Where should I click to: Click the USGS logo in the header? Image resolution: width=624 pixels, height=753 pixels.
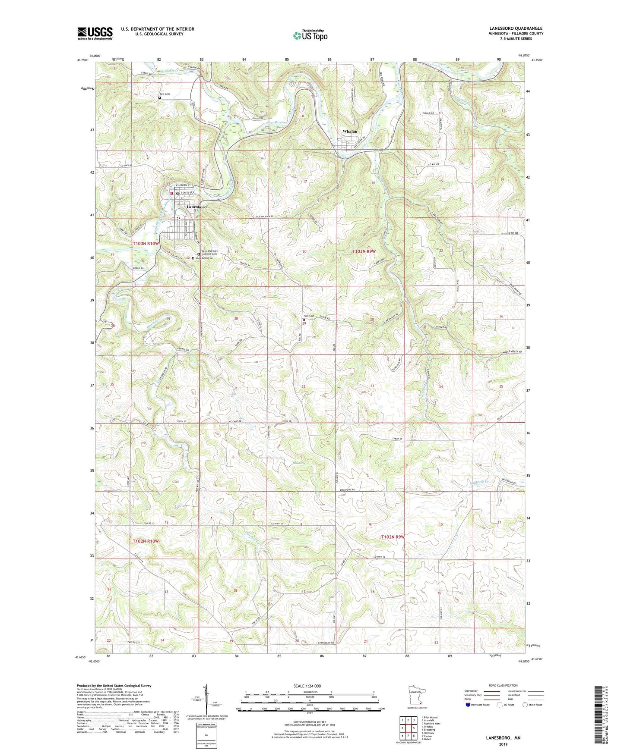95,33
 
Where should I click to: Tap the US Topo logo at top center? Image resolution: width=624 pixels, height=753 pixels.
310,35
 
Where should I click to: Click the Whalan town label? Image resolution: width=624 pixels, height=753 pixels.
350,131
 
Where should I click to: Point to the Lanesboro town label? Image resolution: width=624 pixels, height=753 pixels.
196,207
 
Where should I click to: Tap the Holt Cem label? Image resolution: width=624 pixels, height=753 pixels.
309,316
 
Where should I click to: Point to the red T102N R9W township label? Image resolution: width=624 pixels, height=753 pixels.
393,537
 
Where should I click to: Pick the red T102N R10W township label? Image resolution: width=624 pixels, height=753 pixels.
146,541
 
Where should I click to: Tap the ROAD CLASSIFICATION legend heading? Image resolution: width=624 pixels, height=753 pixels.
504,685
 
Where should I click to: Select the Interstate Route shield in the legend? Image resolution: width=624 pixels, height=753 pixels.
469,705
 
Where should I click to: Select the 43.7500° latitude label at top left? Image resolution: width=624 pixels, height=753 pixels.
82,60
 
